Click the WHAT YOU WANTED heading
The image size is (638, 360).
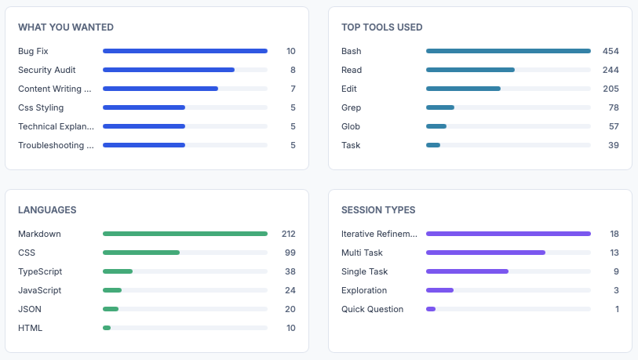(x=66, y=27)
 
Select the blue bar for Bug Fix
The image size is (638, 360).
(x=185, y=51)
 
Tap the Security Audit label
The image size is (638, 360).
(x=47, y=70)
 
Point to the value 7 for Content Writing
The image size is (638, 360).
(x=293, y=89)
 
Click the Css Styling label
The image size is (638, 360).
(x=41, y=107)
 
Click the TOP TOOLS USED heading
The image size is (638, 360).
(x=382, y=27)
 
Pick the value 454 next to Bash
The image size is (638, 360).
(x=611, y=51)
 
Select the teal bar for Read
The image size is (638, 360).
(x=470, y=70)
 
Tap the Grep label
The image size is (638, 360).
(x=351, y=107)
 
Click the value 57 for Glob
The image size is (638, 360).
(x=614, y=126)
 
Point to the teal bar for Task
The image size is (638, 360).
(x=433, y=145)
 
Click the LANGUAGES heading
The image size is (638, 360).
(x=47, y=210)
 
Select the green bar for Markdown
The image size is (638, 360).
(x=185, y=234)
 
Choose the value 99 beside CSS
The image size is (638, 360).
(x=290, y=253)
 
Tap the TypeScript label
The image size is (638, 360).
(x=40, y=271)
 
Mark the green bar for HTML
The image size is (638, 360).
(x=107, y=328)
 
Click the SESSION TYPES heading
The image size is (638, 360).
(x=378, y=210)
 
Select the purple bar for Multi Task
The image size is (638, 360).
(x=486, y=253)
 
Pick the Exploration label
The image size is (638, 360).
(x=364, y=290)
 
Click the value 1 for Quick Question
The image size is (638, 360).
(x=617, y=309)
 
